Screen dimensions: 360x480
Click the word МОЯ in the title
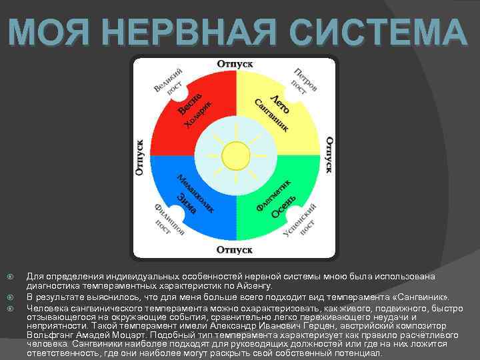tap(47, 32)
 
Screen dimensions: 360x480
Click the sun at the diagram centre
tap(234, 157)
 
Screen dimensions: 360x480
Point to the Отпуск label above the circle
tap(234, 64)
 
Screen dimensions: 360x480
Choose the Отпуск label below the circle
tap(234, 250)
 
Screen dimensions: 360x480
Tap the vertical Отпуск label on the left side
tap(140, 157)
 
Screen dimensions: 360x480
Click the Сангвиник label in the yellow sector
tap(273, 114)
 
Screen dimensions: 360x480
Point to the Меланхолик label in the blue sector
tap(196, 194)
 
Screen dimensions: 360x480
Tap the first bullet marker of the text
tap(9, 275)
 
